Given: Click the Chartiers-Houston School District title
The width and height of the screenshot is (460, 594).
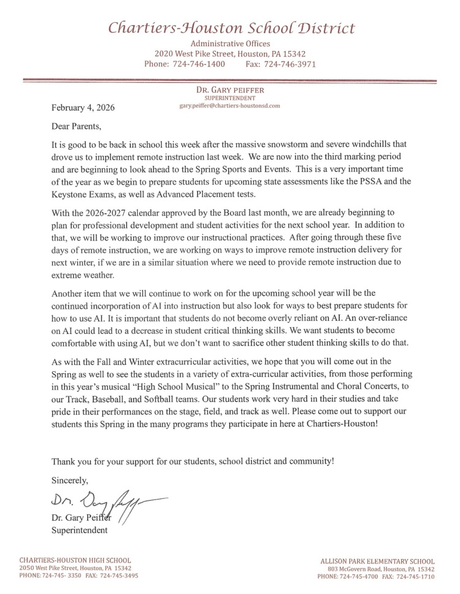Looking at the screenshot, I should pyautogui.click(x=231, y=28).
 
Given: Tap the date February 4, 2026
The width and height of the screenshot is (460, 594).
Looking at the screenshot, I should pyautogui.click(x=82, y=107).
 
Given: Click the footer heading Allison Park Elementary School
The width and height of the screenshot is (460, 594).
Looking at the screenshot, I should pyautogui.click(x=377, y=561).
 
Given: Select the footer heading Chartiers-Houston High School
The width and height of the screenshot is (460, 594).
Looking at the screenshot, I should pyautogui.click(x=75, y=560).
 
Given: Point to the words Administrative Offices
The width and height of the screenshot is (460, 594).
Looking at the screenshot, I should pyautogui.click(x=230, y=44).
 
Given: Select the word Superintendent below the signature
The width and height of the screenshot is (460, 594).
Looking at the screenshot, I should pyautogui.click(x=79, y=530).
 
